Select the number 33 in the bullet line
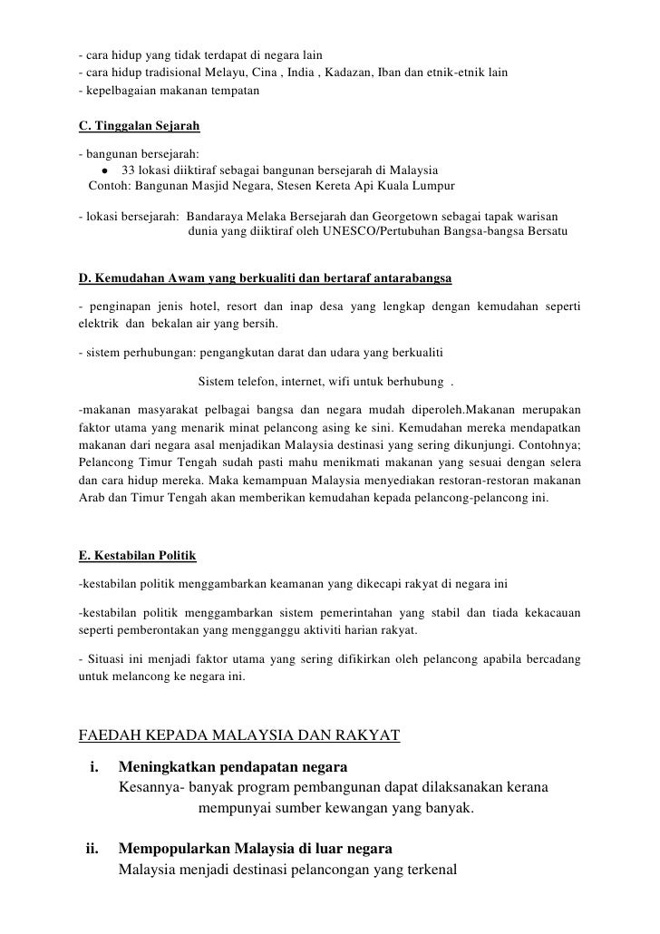point(128,170)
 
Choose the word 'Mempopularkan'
point(174,850)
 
